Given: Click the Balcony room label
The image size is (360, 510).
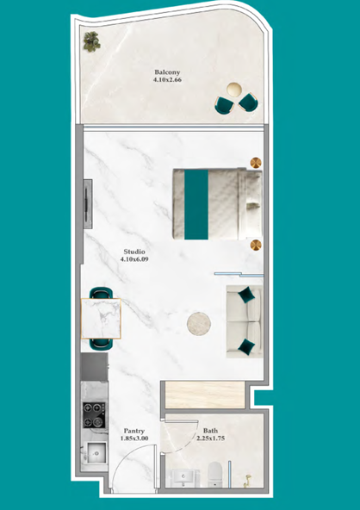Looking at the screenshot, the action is pos(167,72).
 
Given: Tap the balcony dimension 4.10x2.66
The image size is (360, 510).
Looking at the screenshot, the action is pos(167,79).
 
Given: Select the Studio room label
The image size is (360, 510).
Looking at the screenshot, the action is pos(134,252).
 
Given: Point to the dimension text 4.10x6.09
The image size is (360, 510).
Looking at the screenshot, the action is pos(134,259).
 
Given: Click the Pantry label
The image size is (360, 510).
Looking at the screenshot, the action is pos(134,432).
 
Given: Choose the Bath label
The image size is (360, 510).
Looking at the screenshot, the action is pos(210,431).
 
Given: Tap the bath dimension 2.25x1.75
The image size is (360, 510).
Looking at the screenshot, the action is pos(210,438).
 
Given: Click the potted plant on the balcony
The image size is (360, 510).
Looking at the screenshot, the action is pos(91,41).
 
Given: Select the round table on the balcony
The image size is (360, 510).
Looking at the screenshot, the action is pos(234,89).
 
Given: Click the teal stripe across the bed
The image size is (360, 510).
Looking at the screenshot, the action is pos(196,204).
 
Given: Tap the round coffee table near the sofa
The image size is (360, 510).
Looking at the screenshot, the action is pos(199,324).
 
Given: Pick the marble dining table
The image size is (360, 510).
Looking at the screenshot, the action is pos(101,319).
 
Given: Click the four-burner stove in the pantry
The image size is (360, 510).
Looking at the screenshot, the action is pos(94,415).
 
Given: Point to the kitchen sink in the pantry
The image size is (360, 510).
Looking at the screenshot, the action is pos(96,452).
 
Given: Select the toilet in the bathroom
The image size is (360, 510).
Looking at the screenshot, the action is pos(214,474).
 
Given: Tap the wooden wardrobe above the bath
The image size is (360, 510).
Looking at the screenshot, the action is pos(205,395).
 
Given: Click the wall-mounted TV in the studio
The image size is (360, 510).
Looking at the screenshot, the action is pos(88,204).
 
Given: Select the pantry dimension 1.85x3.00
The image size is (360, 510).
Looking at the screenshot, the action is pos(134,438).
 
